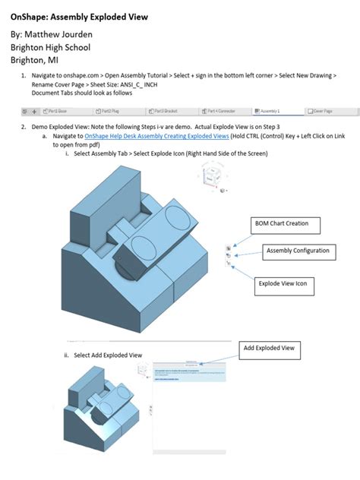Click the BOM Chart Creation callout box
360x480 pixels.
[x=285, y=225]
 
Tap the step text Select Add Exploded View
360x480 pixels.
[x=107, y=355]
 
